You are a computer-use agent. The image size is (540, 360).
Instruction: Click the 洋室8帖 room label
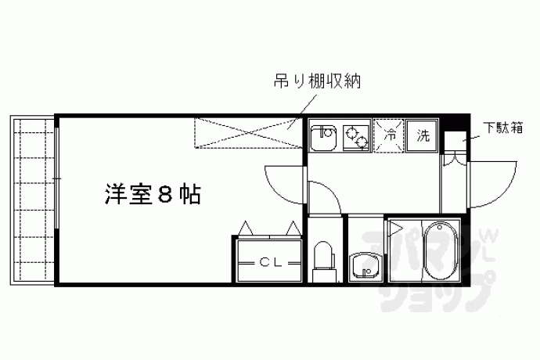153,194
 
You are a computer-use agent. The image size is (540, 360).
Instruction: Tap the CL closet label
271,263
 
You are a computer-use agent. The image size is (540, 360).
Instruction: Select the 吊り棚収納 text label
317,81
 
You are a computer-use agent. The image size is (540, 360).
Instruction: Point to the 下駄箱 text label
502,128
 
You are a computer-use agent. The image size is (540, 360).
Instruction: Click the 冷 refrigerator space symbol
388,135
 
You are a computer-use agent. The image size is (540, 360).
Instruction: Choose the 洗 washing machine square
422,135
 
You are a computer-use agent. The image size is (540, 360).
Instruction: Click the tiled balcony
32,200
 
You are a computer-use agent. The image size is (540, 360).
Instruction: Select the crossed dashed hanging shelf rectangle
247,133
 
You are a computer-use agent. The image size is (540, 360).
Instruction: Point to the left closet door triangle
246,228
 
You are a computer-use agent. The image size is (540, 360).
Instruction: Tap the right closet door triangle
293,228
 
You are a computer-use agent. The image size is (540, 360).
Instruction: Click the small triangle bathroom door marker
395,228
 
